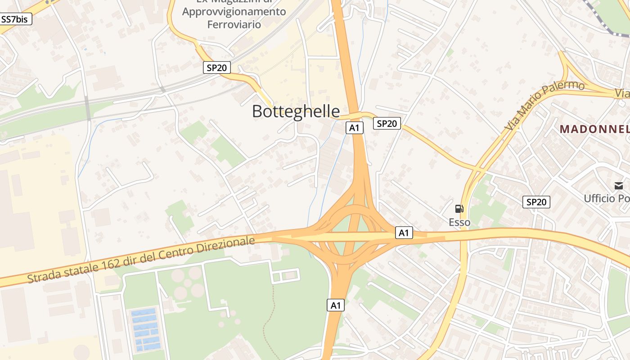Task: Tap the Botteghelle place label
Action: (296, 111)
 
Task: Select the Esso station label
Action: (459, 222)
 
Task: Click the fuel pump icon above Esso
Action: (459, 208)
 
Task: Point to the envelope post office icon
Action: (618, 185)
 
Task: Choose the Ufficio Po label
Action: (606, 198)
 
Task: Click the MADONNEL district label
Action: (594, 129)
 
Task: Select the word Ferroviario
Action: (234, 24)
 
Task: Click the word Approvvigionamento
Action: (234, 11)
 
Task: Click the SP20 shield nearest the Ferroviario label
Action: (216, 67)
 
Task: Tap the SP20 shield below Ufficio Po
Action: (536, 202)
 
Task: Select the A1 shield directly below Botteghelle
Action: (354, 128)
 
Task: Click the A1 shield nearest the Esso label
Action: (404, 233)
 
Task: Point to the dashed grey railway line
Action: (603, 20)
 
